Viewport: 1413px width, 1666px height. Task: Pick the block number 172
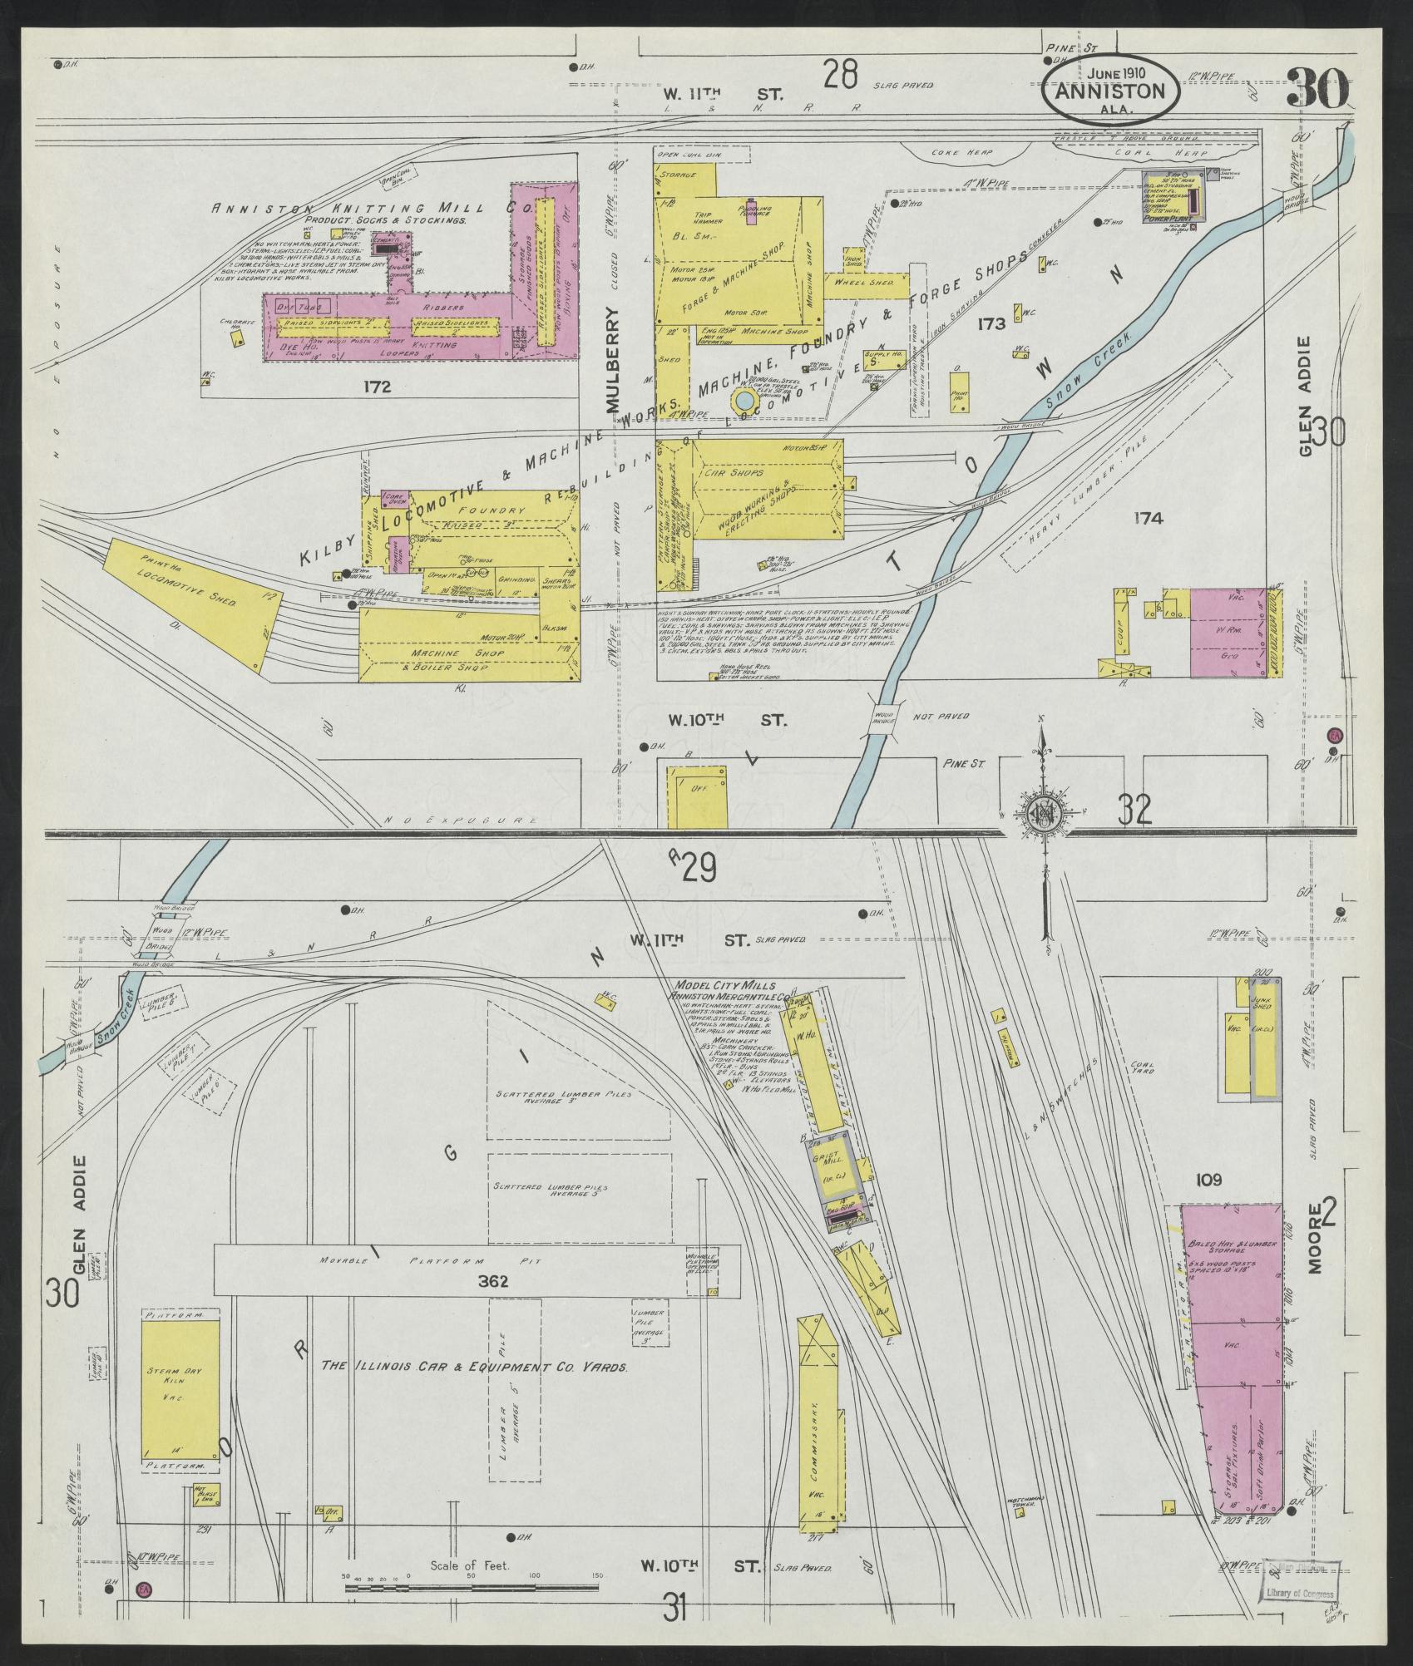click(377, 386)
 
